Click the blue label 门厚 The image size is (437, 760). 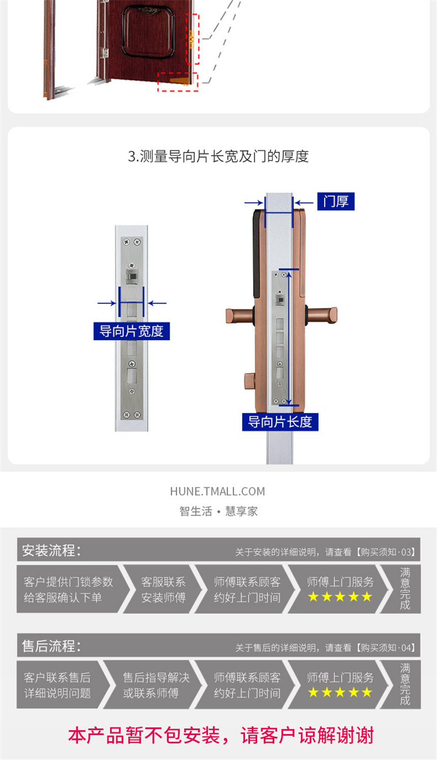[x=336, y=202]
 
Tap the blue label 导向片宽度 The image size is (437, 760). [x=132, y=331]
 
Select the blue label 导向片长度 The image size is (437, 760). [x=280, y=422]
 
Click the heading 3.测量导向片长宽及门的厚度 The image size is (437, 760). [x=218, y=156]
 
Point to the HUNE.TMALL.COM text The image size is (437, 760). [x=217, y=491]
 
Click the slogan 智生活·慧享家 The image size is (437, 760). [x=218, y=511]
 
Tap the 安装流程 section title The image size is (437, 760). [x=51, y=550]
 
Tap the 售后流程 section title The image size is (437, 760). [x=51, y=646]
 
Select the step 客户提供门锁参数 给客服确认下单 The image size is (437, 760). [x=68, y=589]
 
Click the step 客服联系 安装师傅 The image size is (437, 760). [x=163, y=589]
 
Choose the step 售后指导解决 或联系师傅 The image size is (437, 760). [x=156, y=685]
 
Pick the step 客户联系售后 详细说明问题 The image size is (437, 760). [x=57, y=685]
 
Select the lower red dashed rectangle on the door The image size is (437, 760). [x=178, y=82]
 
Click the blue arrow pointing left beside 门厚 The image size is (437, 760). [x=304, y=203]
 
